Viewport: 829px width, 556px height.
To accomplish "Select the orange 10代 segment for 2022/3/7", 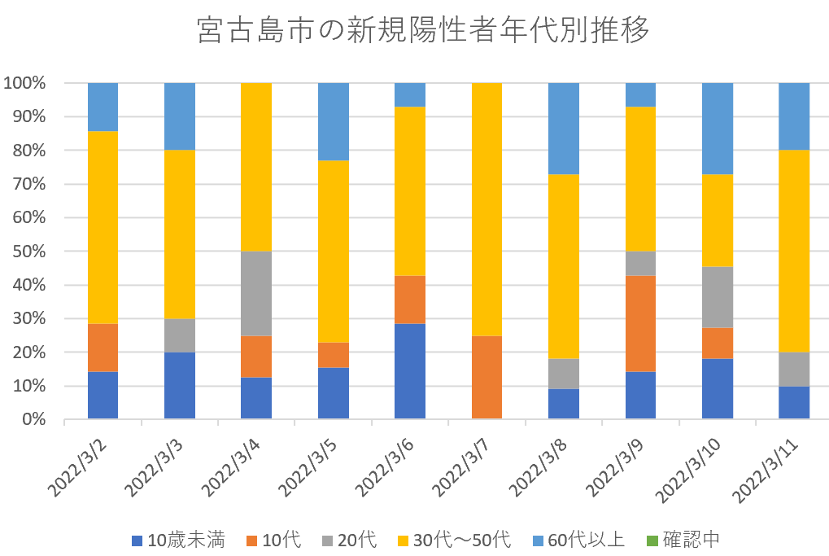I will (x=486, y=377).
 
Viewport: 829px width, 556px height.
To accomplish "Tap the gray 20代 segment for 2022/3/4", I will (x=256, y=293).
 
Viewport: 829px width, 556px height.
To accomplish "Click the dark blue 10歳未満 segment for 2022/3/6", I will (x=410, y=371).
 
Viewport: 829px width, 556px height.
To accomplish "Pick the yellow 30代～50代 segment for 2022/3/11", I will (x=794, y=251).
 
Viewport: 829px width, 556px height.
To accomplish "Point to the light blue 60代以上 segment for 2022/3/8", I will (x=564, y=129).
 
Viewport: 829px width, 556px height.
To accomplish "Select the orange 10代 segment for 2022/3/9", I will (x=640, y=323).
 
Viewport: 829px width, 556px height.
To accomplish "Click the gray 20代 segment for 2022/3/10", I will (x=718, y=297).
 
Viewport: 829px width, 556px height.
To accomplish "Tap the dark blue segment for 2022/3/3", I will (x=180, y=385).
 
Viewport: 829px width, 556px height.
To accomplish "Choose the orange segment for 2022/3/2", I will (x=103, y=348).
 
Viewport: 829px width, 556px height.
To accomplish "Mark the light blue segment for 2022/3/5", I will (x=334, y=121).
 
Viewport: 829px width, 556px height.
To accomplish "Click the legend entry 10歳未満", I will (x=178, y=540).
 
